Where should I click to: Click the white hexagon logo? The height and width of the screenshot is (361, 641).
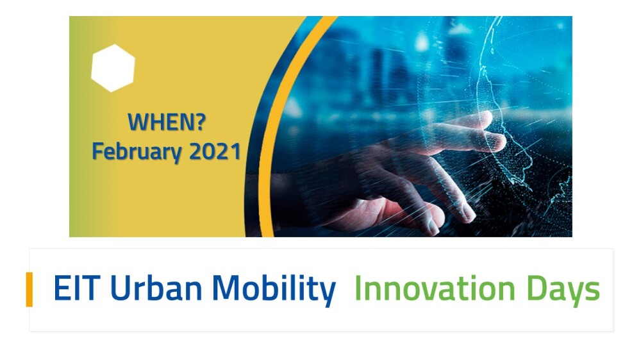tap(113, 68)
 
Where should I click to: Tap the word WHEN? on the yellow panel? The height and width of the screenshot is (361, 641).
tap(167, 122)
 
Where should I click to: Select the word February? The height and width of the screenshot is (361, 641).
tap(137, 152)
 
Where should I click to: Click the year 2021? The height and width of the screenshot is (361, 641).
tap(215, 151)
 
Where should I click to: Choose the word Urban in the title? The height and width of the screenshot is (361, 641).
tap(156, 288)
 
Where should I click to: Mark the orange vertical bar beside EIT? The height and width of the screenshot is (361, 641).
tap(29, 289)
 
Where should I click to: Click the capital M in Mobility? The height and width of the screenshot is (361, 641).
tap(226, 288)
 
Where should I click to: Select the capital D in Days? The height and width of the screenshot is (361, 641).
tap(537, 288)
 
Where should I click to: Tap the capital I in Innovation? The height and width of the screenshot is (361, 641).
tap(357, 288)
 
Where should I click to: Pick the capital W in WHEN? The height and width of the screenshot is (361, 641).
tap(138, 122)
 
